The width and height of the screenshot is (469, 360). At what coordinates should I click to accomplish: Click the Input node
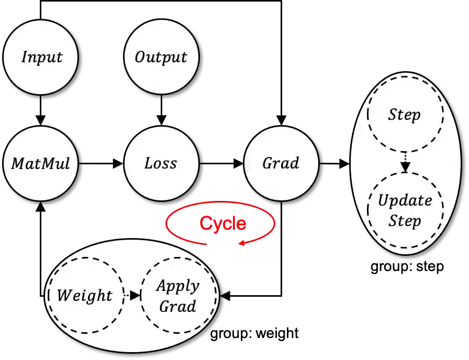coord(41,58)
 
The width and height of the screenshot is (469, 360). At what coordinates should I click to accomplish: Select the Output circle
coord(161,58)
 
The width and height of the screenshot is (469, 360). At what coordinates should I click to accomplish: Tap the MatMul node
coord(41,163)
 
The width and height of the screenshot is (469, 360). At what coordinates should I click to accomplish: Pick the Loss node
coord(161,163)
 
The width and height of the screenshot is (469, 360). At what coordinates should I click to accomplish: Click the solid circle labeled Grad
coord(281,163)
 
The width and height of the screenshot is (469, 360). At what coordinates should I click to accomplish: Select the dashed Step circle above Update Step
coord(405,115)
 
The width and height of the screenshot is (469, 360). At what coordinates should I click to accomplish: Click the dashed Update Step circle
coord(405,210)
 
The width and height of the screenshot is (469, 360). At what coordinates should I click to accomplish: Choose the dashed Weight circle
coord(85,296)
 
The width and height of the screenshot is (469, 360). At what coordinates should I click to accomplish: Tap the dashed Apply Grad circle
coord(178,296)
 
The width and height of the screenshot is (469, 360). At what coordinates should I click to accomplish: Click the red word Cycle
coord(222,223)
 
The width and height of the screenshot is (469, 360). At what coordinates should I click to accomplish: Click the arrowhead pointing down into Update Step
coord(405,167)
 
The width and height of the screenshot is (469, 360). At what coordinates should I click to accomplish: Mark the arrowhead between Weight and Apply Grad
coord(135,296)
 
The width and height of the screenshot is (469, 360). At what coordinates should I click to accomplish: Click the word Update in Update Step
coord(405,200)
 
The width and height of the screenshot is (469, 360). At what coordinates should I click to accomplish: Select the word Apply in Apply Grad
coord(178,286)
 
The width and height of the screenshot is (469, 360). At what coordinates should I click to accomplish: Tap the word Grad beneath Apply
coord(177,306)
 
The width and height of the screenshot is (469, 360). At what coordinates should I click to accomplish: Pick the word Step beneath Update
coord(405,221)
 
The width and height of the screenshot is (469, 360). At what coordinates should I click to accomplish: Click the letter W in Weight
coord(63,296)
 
